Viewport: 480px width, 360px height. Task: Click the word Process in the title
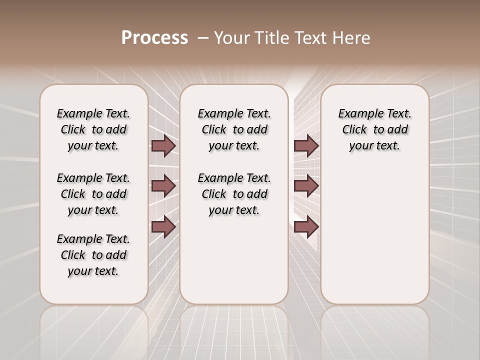click(154, 38)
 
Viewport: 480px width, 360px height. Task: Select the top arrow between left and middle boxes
click(163, 145)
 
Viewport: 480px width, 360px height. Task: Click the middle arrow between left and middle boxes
click(163, 186)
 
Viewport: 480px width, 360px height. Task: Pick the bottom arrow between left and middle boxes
click(163, 226)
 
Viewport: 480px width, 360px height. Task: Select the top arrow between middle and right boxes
click(306, 145)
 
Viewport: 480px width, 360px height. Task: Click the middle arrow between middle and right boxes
click(306, 186)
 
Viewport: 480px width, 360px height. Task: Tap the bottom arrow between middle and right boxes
click(306, 226)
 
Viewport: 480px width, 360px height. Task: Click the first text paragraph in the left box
click(93, 129)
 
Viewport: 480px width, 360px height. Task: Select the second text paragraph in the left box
click(93, 194)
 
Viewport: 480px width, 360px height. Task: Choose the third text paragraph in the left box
click(93, 255)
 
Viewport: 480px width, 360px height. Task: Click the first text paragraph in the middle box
click(234, 129)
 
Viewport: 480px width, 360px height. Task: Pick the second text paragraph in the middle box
click(234, 194)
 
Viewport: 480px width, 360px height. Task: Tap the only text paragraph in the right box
click(374, 129)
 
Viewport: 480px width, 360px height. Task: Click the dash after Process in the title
click(202, 38)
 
